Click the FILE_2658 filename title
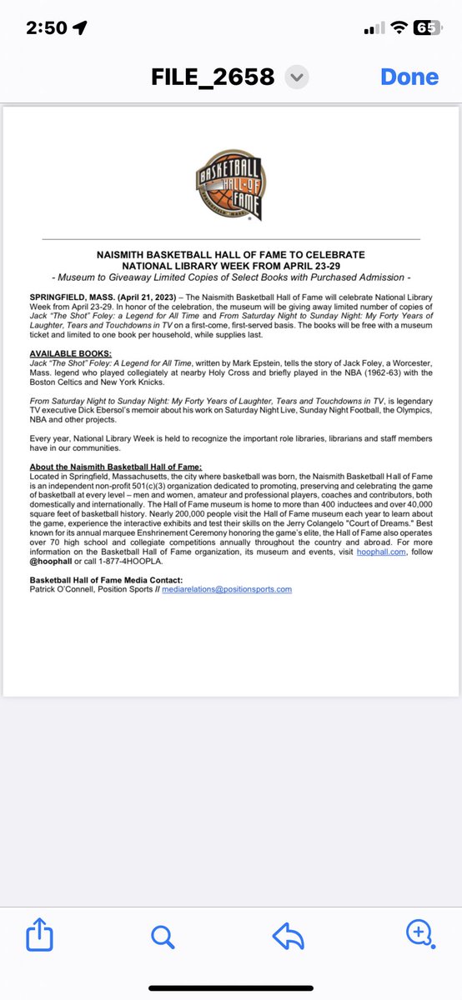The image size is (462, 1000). [213, 77]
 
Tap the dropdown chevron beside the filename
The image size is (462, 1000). [296, 77]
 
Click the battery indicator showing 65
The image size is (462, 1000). [425, 27]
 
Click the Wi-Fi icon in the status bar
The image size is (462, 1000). [399, 27]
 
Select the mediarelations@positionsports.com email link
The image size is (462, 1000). [227, 589]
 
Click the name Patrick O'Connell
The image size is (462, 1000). [63, 589]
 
